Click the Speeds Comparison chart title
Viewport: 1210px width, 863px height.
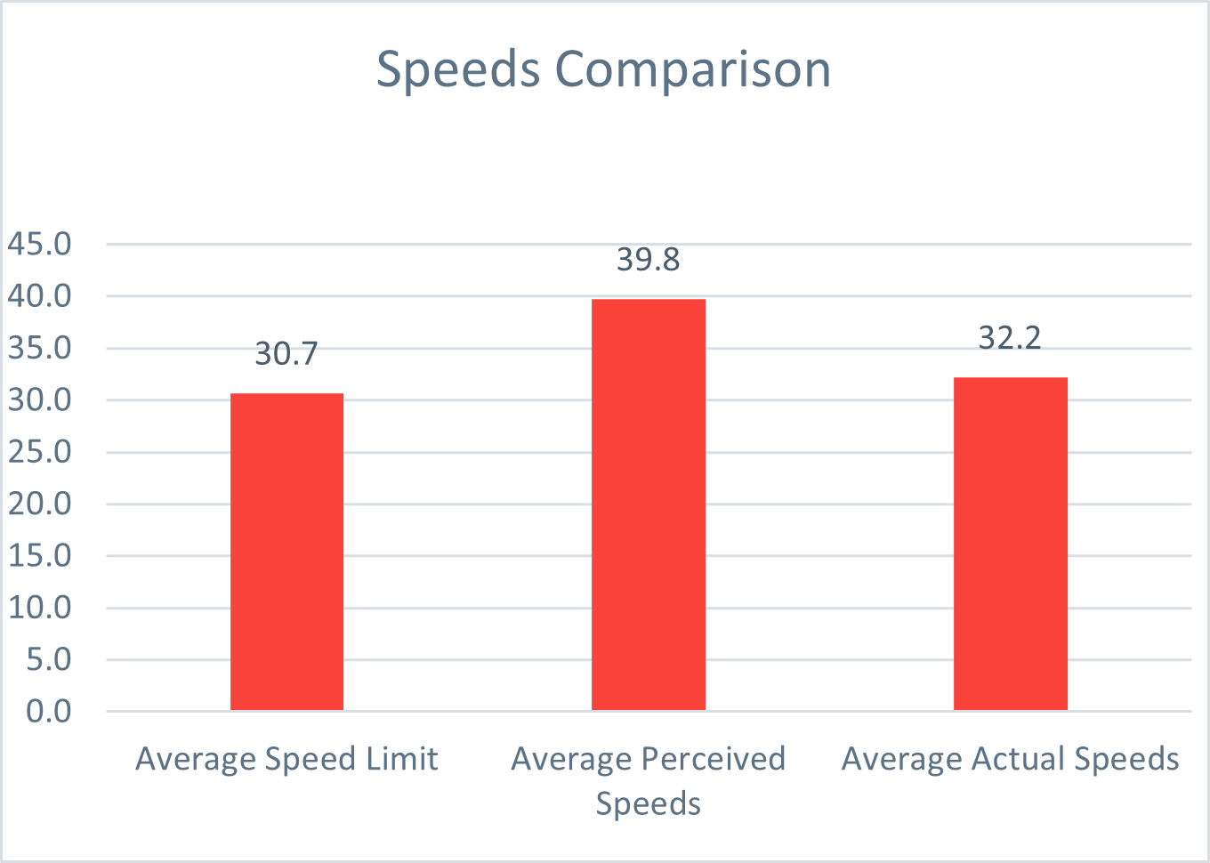click(x=603, y=69)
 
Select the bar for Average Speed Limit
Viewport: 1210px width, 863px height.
click(x=286, y=552)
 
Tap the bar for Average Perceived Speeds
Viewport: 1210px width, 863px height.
click(x=649, y=504)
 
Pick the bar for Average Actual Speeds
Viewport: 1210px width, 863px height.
click(x=1010, y=544)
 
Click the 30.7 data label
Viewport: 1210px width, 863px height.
click(x=286, y=354)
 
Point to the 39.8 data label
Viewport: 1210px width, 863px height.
click(x=649, y=260)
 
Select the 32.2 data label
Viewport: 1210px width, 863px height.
click(x=1010, y=338)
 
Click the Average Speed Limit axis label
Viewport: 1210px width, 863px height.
click(x=286, y=759)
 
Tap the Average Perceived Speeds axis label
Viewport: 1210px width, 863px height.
click(x=649, y=780)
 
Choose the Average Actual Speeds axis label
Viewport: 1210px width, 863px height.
click(x=1010, y=759)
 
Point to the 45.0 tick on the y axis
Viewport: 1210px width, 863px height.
click(x=40, y=244)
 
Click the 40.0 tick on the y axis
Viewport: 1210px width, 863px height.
click(x=40, y=296)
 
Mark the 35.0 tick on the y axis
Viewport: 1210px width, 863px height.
click(x=40, y=348)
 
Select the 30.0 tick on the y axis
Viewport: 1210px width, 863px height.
click(x=40, y=399)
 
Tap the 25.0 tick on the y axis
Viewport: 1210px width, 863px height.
click(x=40, y=452)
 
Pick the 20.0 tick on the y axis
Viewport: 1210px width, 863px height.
click(x=40, y=504)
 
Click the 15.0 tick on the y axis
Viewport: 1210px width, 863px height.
click(x=40, y=555)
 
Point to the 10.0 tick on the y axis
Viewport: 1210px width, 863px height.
click(x=40, y=608)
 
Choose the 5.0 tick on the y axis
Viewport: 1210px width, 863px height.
click(x=49, y=659)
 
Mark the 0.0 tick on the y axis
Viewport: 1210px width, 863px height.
click(x=49, y=711)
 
